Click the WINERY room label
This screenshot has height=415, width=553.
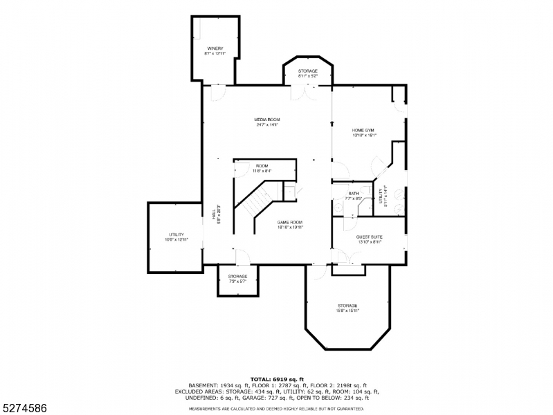(x=215, y=48)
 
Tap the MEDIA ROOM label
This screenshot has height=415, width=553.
(x=268, y=120)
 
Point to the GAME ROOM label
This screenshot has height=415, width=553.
(x=291, y=222)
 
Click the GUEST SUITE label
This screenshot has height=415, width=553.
(x=370, y=237)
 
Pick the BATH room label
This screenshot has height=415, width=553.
(x=354, y=194)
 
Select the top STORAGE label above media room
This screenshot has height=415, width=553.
(x=308, y=71)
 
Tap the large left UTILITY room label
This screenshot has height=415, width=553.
(x=176, y=235)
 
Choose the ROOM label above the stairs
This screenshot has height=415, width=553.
(x=262, y=166)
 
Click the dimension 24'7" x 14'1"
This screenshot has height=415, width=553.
(x=268, y=125)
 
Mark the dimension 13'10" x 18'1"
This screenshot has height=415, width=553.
(x=364, y=136)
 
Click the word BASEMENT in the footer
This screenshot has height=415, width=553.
(x=203, y=385)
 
